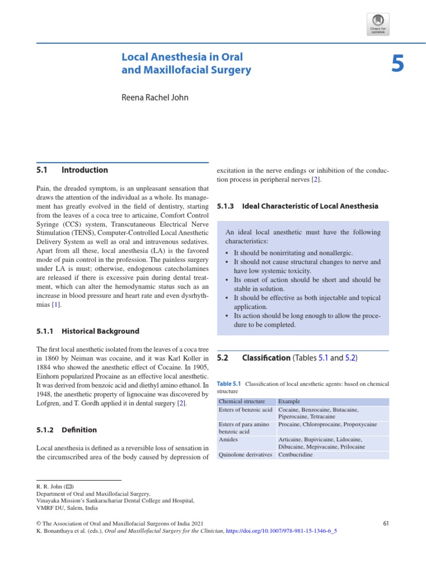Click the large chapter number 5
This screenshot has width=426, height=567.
[397, 65]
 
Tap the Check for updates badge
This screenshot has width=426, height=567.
[378, 24]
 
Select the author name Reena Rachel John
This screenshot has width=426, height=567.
[155, 97]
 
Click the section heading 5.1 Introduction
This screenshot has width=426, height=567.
[72, 170]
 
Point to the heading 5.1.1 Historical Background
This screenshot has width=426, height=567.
[88, 331]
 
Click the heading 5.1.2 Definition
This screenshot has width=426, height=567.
[66, 430]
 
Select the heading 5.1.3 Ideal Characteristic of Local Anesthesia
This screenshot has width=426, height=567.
[297, 206]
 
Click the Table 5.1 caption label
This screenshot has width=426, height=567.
[229, 383]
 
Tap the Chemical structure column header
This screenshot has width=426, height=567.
[242, 401]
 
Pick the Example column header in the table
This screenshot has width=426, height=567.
[289, 401]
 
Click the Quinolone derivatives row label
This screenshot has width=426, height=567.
[245, 455]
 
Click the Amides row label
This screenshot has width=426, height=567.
[229, 439]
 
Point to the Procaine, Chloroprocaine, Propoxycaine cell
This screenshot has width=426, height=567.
[327, 424]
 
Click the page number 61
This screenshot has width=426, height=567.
[387, 523]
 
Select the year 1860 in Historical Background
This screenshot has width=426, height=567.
[49, 359]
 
